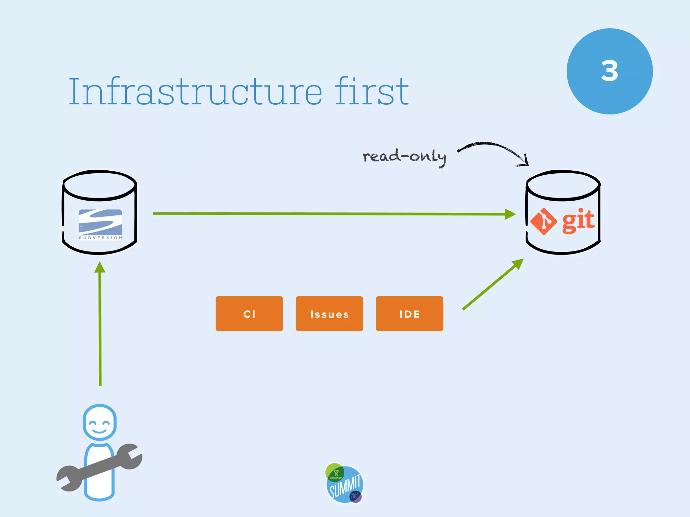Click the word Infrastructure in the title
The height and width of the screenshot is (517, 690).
tap(195, 92)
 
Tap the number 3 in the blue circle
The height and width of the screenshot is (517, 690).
tap(609, 71)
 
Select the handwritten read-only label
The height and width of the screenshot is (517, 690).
tap(404, 157)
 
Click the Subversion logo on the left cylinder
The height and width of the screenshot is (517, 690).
tap(100, 223)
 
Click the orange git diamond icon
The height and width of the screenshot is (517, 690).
tap(543, 221)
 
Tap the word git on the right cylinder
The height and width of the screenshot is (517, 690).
tap(578, 220)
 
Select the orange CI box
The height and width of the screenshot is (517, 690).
tap(249, 314)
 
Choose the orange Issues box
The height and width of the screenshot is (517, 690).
tap(330, 314)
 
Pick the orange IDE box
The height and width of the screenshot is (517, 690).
tap(410, 314)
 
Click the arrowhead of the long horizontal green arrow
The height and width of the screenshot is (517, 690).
tap(510, 214)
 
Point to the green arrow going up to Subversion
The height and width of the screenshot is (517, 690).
tap(100, 323)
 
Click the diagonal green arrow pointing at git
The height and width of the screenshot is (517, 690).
tap(492, 285)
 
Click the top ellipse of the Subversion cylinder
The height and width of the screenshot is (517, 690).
tap(100, 185)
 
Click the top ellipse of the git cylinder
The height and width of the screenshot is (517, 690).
tap(563, 185)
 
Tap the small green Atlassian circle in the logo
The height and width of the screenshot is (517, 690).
tap(335, 473)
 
